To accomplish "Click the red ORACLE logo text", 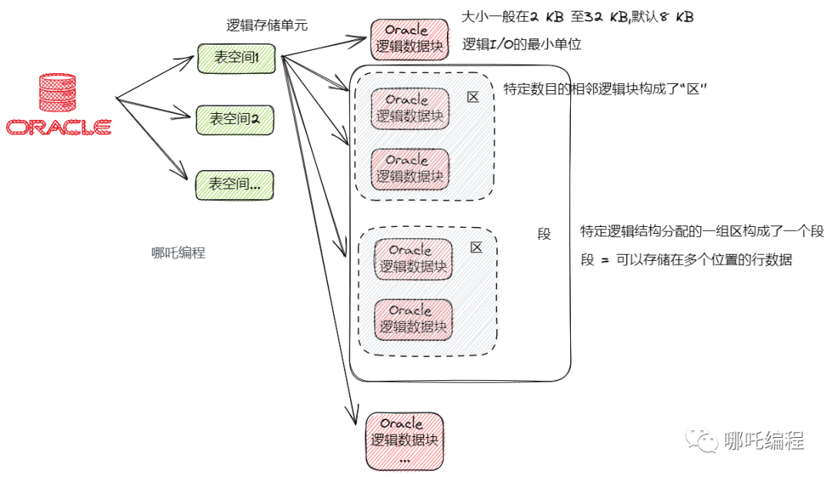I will click(58, 127).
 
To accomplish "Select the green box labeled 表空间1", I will click(236, 58).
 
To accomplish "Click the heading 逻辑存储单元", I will click(267, 25).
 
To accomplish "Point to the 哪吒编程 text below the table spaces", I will click(179, 252).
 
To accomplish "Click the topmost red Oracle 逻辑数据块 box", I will click(409, 39).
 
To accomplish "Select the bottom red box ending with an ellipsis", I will click(404, 442).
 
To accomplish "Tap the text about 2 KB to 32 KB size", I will click(577, 17).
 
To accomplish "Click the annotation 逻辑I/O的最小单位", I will click(521, 45).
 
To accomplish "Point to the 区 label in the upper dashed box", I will click(473, 98).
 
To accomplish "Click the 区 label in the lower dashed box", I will click(476, 248).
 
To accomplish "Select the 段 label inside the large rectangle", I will click(544, 235).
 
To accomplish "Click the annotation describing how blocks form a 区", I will click(605, 90).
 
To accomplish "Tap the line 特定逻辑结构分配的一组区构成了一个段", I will click(702, 232).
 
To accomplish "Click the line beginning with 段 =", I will click(686, 260).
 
